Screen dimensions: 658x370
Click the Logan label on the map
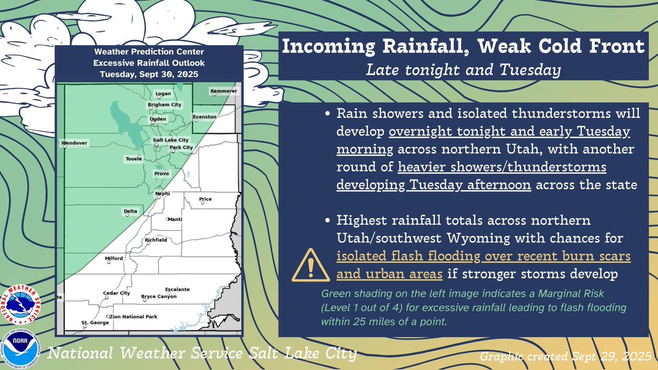click(x=163, y=94)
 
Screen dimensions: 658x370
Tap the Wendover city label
click(x=75, y=143)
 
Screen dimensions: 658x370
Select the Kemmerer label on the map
click(x=224, y=91)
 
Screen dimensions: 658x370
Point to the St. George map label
click(x=95, y=323)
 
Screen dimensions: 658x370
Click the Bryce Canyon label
click(x=159, y=297)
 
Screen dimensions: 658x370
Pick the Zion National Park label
click(x=133, y=317)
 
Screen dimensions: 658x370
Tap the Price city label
click(x=205, y=199)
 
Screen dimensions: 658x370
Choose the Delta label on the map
click(x=131, y=211)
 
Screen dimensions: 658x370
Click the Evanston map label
click(x=205, y=117)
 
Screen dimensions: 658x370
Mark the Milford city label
click(x=114, y=258)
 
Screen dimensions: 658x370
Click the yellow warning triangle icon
click(x=311, y=265)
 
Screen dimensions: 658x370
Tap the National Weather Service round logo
click(x=21, y=305)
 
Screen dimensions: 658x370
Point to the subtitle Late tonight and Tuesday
click(x=463, y=70)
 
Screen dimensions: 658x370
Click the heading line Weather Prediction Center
click(x=149, y=52)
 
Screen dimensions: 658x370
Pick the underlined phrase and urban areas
click(x=389, y=274)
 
